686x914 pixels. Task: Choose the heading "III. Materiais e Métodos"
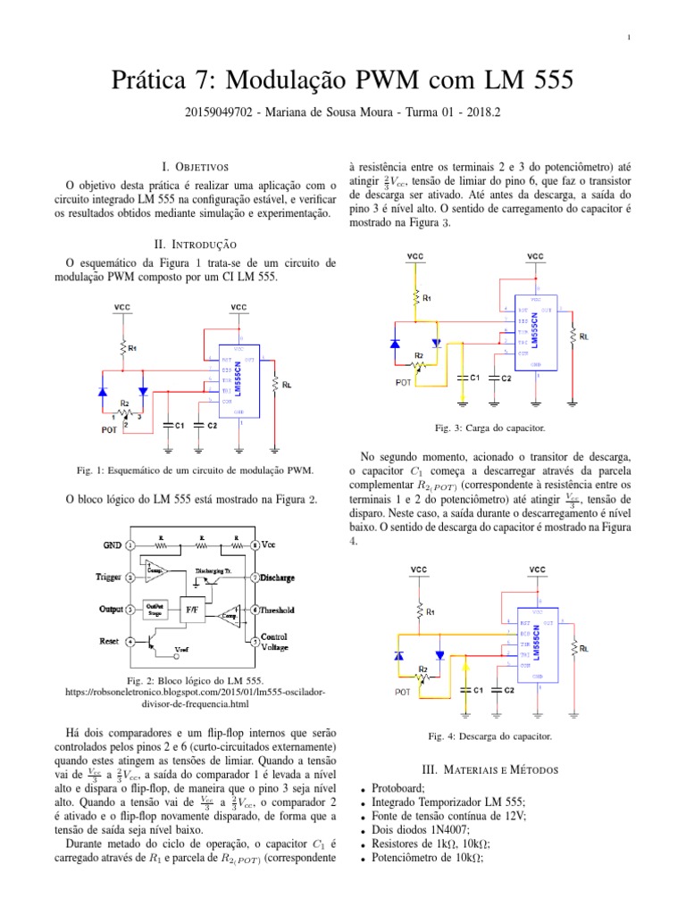pyautogui.click(x=489, y=769)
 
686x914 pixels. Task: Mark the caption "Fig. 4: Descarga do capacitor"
pyautogui.click(x=490, y=736)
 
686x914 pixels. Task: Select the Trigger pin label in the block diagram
pyautogui.click(x=113, y=577)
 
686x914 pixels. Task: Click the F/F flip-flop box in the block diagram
pyautogui.click(x=191, y=610)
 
